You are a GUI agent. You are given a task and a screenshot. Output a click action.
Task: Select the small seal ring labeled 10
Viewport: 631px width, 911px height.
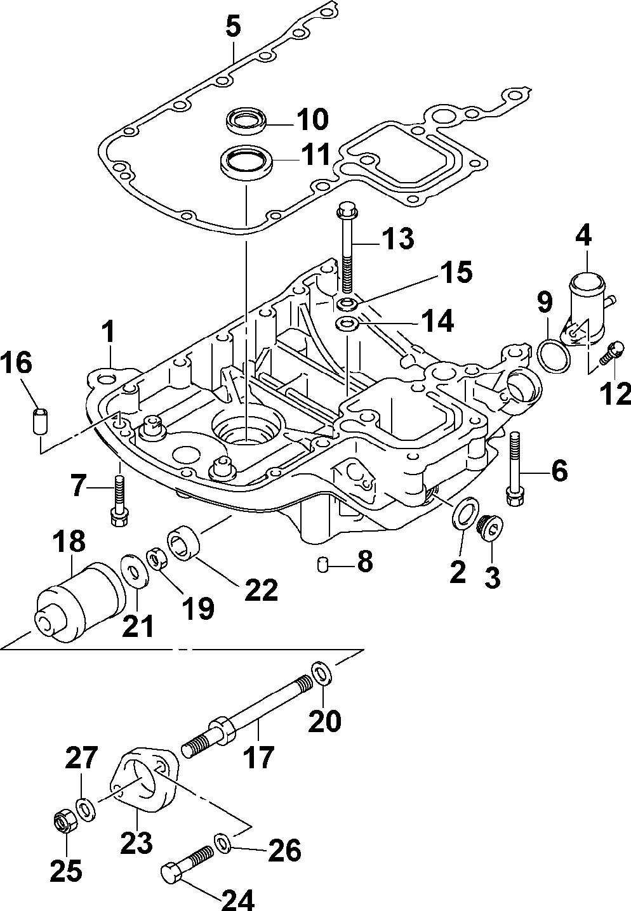247,121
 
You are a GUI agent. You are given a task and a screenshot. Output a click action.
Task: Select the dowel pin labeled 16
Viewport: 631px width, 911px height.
40,421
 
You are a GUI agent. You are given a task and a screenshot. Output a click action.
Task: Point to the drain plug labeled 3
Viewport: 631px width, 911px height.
490,528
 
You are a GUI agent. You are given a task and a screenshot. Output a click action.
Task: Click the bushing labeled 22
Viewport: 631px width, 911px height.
183,543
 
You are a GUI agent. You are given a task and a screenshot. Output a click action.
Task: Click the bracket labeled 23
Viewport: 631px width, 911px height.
144,781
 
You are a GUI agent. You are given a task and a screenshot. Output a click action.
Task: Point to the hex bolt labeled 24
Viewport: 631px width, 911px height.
187,863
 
